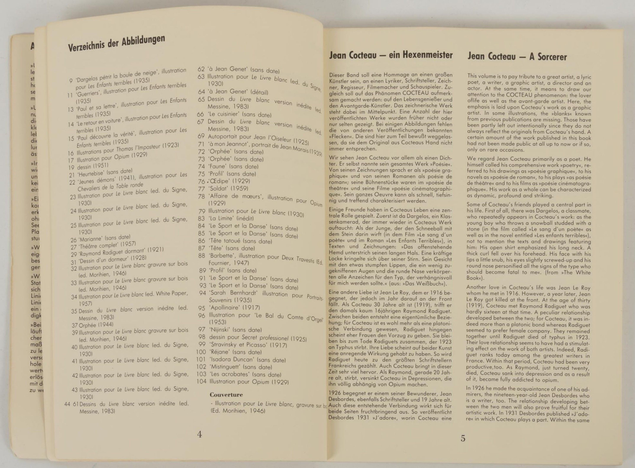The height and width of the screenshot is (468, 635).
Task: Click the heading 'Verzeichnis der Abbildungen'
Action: click(116, 43)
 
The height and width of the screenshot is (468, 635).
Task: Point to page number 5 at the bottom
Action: click(463, 438)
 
